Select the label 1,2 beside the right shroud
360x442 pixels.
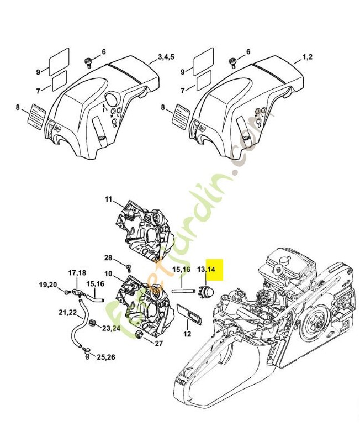point(309,57)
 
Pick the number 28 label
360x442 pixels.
point(108,258)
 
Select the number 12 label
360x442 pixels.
point(187,334)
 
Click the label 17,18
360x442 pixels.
point(77,273)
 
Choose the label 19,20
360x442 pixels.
point(48,285)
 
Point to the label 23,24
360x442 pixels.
point(111,328)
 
